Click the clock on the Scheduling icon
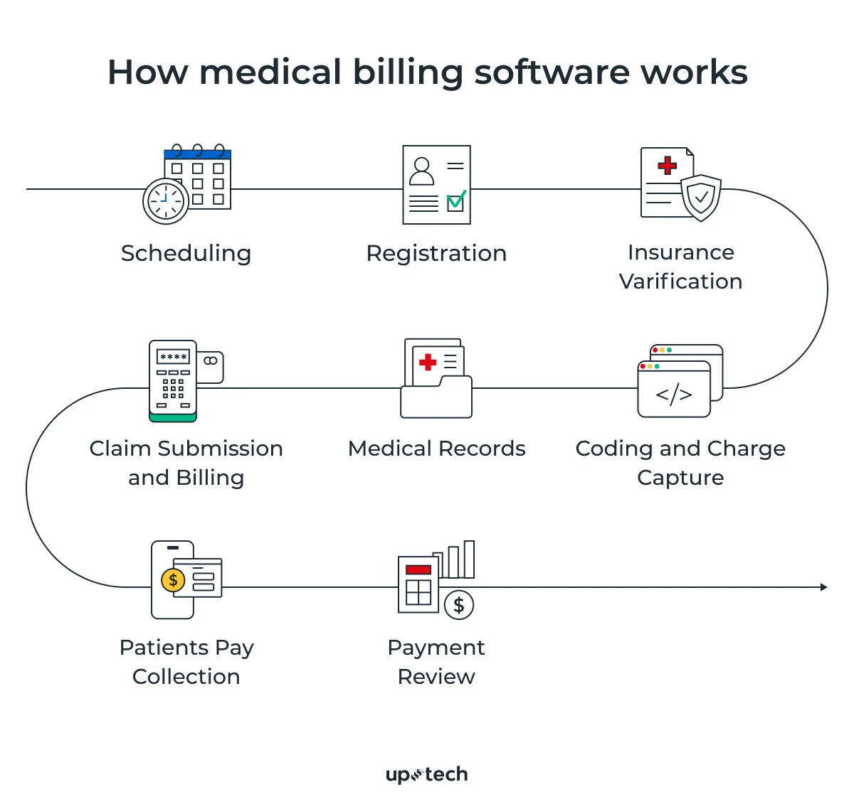point(166,201)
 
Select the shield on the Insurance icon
point(701,197)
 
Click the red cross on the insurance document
point(667,166)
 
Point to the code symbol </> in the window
point(673,394)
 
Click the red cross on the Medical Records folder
point(428,363)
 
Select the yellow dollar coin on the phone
point(173,580)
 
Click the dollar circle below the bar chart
point(459,605)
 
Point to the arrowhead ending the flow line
point(823,587)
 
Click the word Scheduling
point(186,254)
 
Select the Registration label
point(436,254)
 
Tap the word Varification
point(680,282)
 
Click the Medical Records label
point(436,449)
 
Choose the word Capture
point(680,478)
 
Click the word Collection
point(186,677)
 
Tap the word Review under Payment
point(436,677)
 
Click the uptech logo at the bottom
point(427,774)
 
